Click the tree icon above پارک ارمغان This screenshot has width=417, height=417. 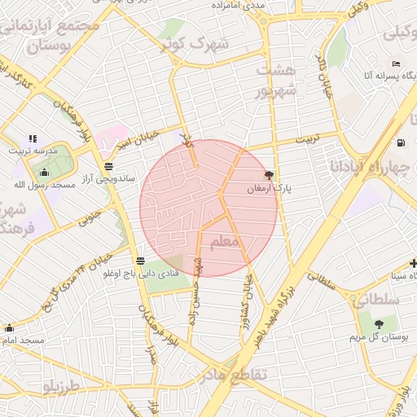(x=269, y=174)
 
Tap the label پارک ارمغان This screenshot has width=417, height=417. (x=269, y=188)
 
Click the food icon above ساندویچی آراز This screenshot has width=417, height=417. (x=109, y=165)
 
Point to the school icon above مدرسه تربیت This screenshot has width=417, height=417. (x=33, y=139)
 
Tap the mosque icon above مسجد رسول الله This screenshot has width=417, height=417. (x=45, y=173)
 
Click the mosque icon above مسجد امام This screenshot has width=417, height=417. (x=9, y=327)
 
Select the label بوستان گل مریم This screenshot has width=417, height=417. (x=377, y=336)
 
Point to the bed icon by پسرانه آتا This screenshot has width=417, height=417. (x=397, y=64)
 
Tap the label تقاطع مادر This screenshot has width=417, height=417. (x=232, y=375)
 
